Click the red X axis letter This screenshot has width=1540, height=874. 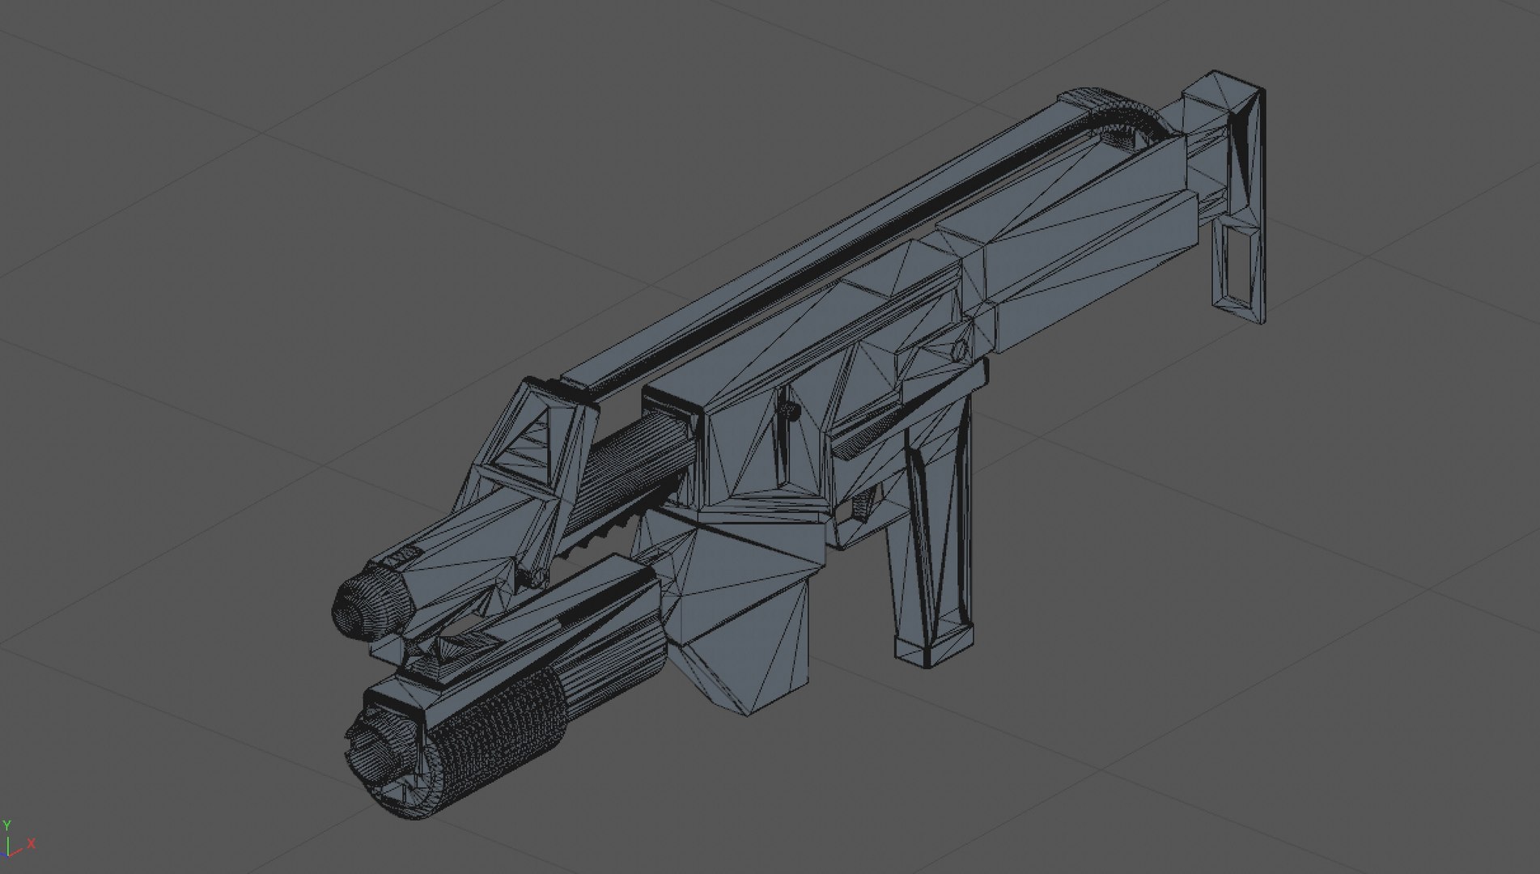point(32,843)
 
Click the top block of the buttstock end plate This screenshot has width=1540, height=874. point(1222,105)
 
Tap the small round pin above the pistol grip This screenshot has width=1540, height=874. point(959,350)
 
